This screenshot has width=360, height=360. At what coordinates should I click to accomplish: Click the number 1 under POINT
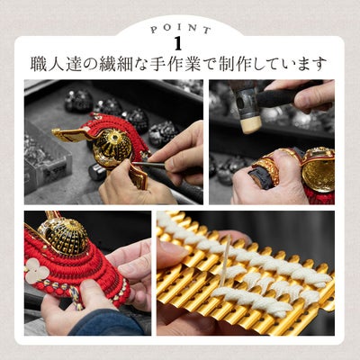[x=178, y=44]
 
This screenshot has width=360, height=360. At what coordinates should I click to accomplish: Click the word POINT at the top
[x=180, y=29]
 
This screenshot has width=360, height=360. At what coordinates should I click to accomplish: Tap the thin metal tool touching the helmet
[x=148, y=165]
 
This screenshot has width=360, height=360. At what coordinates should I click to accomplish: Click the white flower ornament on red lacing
[x=37, y=270]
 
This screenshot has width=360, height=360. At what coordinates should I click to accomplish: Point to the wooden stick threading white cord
[x=225, y=261]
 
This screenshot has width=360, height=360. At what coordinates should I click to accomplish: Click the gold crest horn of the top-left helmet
[x=70, y=134]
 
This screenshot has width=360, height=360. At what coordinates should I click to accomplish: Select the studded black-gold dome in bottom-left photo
[x=64, y=236]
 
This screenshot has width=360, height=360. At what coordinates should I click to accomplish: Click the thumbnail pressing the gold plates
[x=169, y=250]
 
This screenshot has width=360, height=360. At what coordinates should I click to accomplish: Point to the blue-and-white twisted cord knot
[x=74, y=295]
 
